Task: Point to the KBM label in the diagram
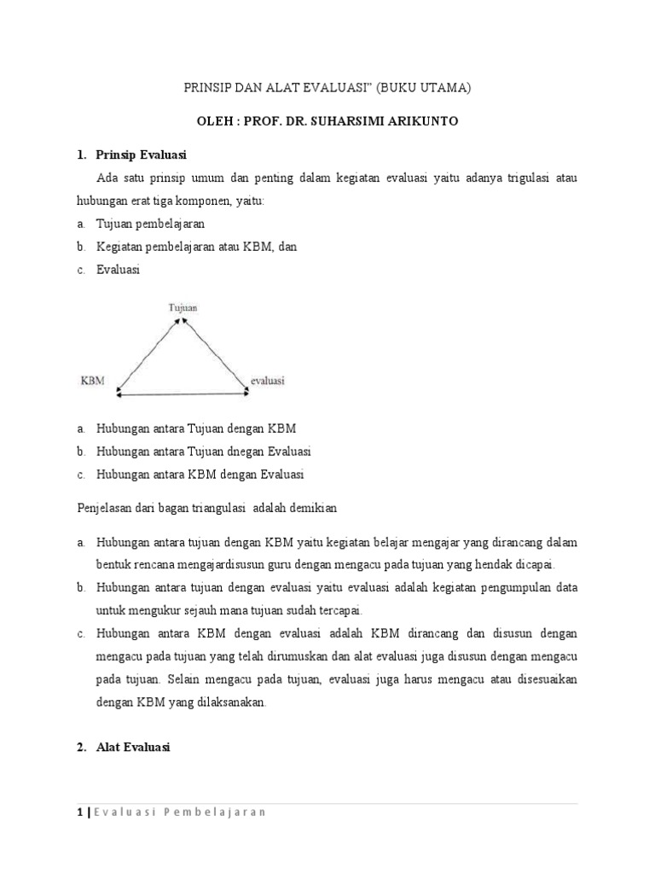click(x=92, y=381)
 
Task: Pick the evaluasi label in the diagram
click(x=267, y=381)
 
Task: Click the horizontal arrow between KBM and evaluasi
click(x=182, y=394)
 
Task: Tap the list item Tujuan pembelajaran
click(x=150, y=224)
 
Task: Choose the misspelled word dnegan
click(x=247, y=451)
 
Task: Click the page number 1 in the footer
click(x=78, y=812)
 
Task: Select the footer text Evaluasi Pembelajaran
click(x=180, y=812)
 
